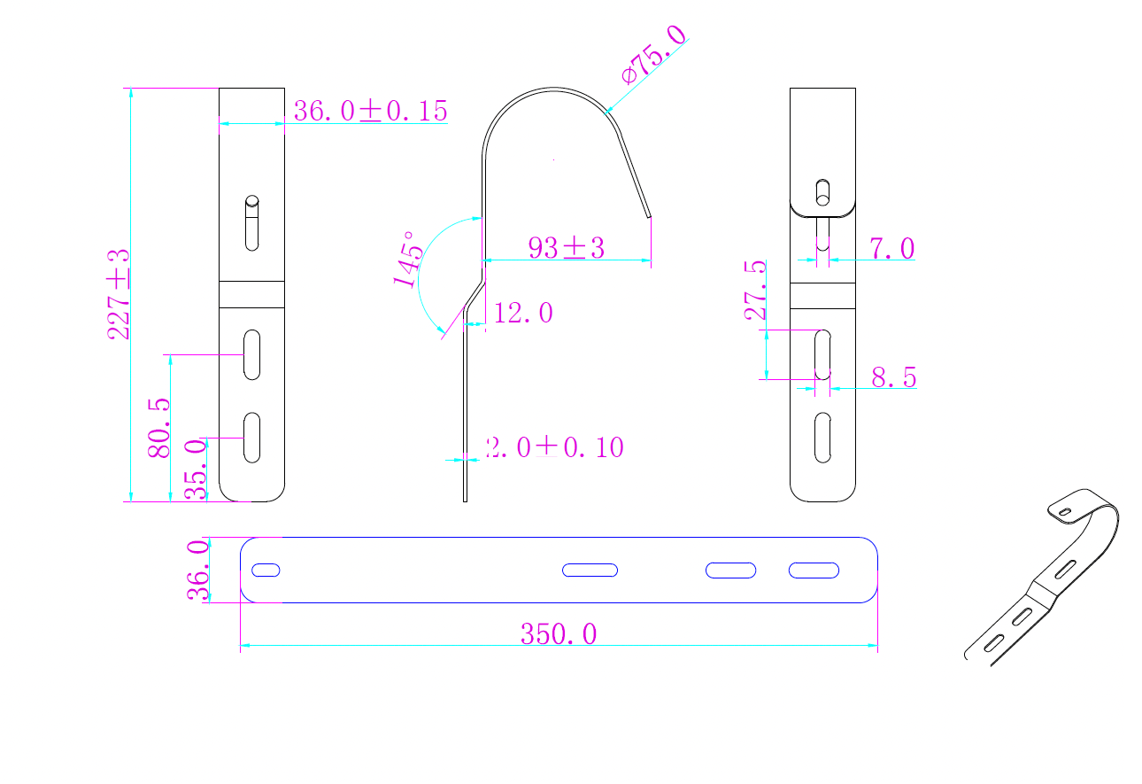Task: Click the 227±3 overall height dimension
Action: (118, 294)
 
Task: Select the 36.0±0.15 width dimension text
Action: (371, 111)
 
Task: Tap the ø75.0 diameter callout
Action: (654, 54)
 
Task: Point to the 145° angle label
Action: (408, 260)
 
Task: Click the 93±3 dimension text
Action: (567, 248)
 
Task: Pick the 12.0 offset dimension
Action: (523, 313)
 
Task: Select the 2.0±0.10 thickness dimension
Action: (555, 447)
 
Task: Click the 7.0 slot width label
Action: (892, 248)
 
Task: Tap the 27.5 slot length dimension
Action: (755, 291)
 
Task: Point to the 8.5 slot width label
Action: (894, 377)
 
